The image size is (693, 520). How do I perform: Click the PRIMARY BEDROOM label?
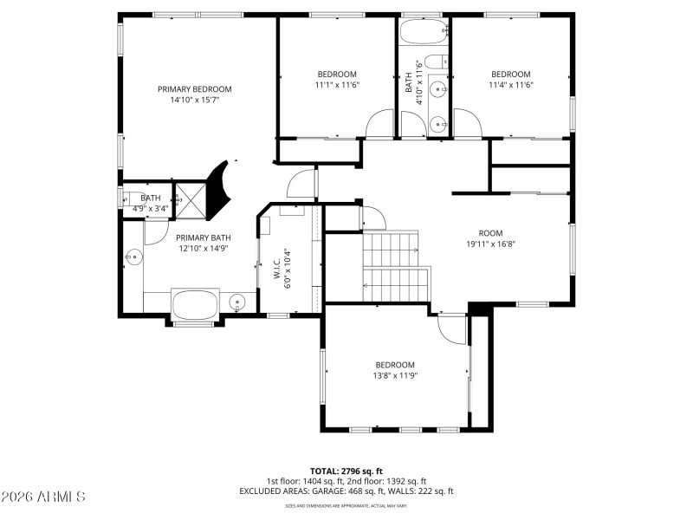point(194,89)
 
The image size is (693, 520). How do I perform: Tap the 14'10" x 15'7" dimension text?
point(194,101)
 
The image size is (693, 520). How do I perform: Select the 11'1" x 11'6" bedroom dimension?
point(336,85)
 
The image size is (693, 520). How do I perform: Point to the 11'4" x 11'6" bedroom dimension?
point(510,85)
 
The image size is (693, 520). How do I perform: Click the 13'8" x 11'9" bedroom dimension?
point(394,375)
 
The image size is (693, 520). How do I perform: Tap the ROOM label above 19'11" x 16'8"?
point(490,232)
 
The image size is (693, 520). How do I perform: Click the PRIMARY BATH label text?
point(204,237)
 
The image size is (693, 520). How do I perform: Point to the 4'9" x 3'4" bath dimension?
point(150,209)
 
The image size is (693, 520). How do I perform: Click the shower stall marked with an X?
point(190,198)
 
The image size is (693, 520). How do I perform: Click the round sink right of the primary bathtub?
point(238,302)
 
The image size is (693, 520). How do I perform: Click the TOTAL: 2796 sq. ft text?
point(346,471)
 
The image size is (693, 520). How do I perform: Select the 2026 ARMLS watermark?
point(43,497)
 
